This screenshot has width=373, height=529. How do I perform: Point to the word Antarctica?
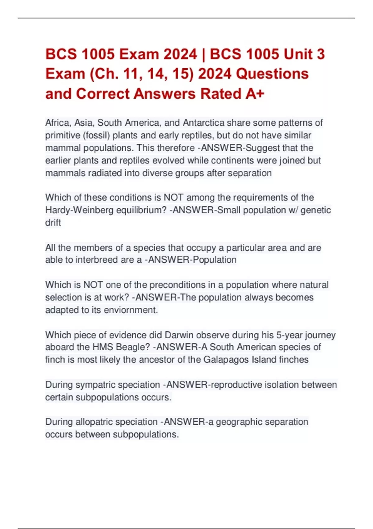(x=204, y=123)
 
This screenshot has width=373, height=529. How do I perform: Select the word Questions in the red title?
(x=272, y=74)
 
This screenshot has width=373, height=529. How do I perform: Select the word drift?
(x=53, y=223)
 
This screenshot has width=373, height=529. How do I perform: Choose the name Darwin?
(x=179, y=335)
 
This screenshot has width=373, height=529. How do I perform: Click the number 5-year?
(x=289, y=335)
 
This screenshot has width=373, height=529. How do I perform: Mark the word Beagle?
(x=133, y=347)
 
